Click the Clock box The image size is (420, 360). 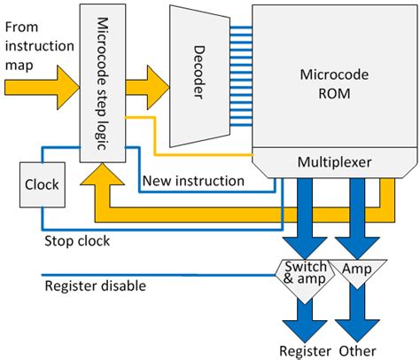click(42, 185)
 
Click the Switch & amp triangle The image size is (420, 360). click(304, 273)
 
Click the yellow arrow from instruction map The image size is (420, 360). click(39, 87)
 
